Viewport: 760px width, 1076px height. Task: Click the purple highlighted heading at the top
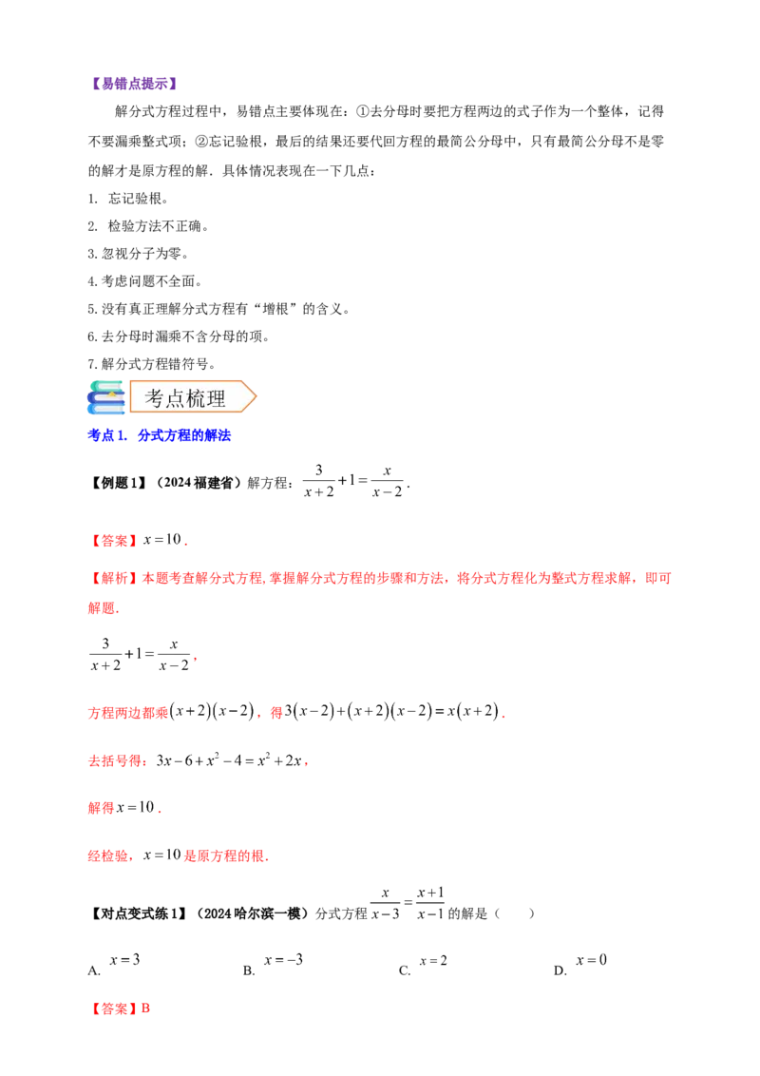tap(136, 84)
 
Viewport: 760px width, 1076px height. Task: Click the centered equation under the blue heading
tap(350, 483)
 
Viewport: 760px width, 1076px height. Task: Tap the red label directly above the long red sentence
tap(114, 541)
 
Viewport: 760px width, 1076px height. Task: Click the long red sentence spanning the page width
tap(380, 578)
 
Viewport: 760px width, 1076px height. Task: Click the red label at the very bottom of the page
tap(121, 1008)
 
